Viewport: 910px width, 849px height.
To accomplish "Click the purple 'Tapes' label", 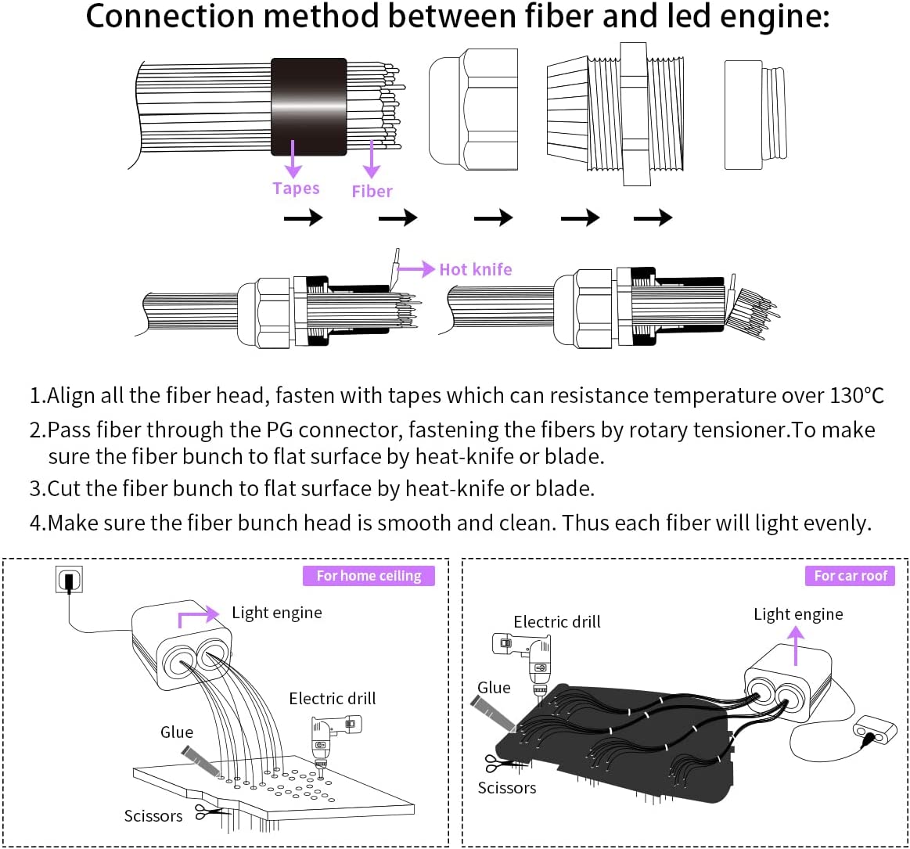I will click(x=296, y=189).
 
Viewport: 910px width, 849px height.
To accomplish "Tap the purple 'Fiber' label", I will click(x=372, y=192).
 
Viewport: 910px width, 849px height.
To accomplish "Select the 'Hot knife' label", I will click(x=475, y=269).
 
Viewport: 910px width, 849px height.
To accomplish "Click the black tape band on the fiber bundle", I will click(x=308, y=106).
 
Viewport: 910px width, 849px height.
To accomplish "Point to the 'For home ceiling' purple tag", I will click(x=369, y=576).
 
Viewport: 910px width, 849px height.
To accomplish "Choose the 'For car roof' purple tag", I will click(x=851, y=576).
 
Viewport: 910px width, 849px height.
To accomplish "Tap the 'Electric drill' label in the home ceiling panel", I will click(x=332, y=699).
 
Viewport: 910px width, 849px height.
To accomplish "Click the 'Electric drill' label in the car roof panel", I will click(x=557, y=622).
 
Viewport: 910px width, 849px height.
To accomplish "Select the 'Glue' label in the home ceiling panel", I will click(x=177, y=732).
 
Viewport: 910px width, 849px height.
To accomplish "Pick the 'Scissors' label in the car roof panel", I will click(x=507, y=788).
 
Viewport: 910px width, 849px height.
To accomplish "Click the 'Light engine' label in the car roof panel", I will click(x=798, y=614).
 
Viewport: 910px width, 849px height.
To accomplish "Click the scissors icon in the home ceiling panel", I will click(x=207, y=812).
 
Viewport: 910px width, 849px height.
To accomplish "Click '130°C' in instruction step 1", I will click(x=856, y=396).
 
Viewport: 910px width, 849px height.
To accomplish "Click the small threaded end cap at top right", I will click(x=754, y=114).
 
